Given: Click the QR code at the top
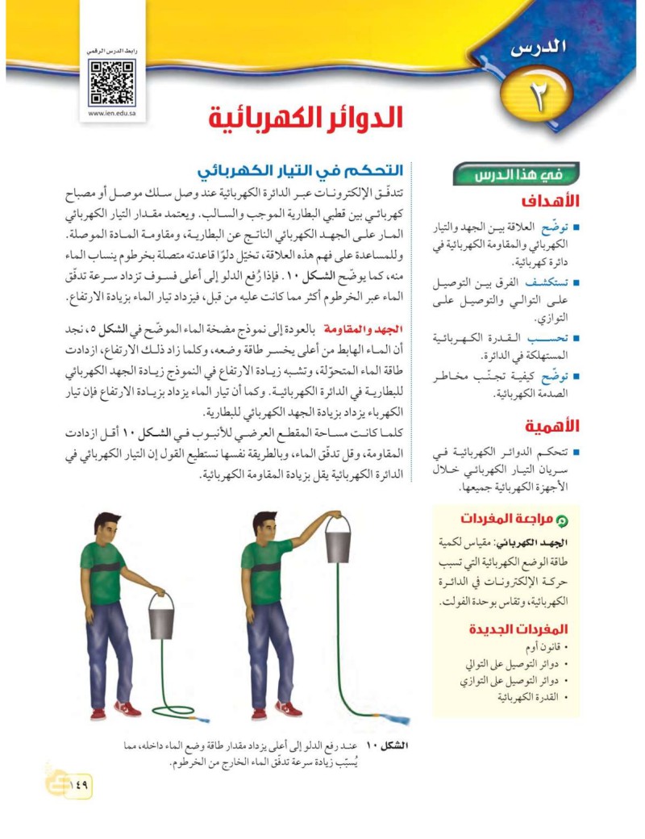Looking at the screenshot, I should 112,82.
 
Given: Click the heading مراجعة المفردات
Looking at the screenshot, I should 511,519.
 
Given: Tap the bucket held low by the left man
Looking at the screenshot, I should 161,619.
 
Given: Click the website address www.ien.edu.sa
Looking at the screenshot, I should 112,114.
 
